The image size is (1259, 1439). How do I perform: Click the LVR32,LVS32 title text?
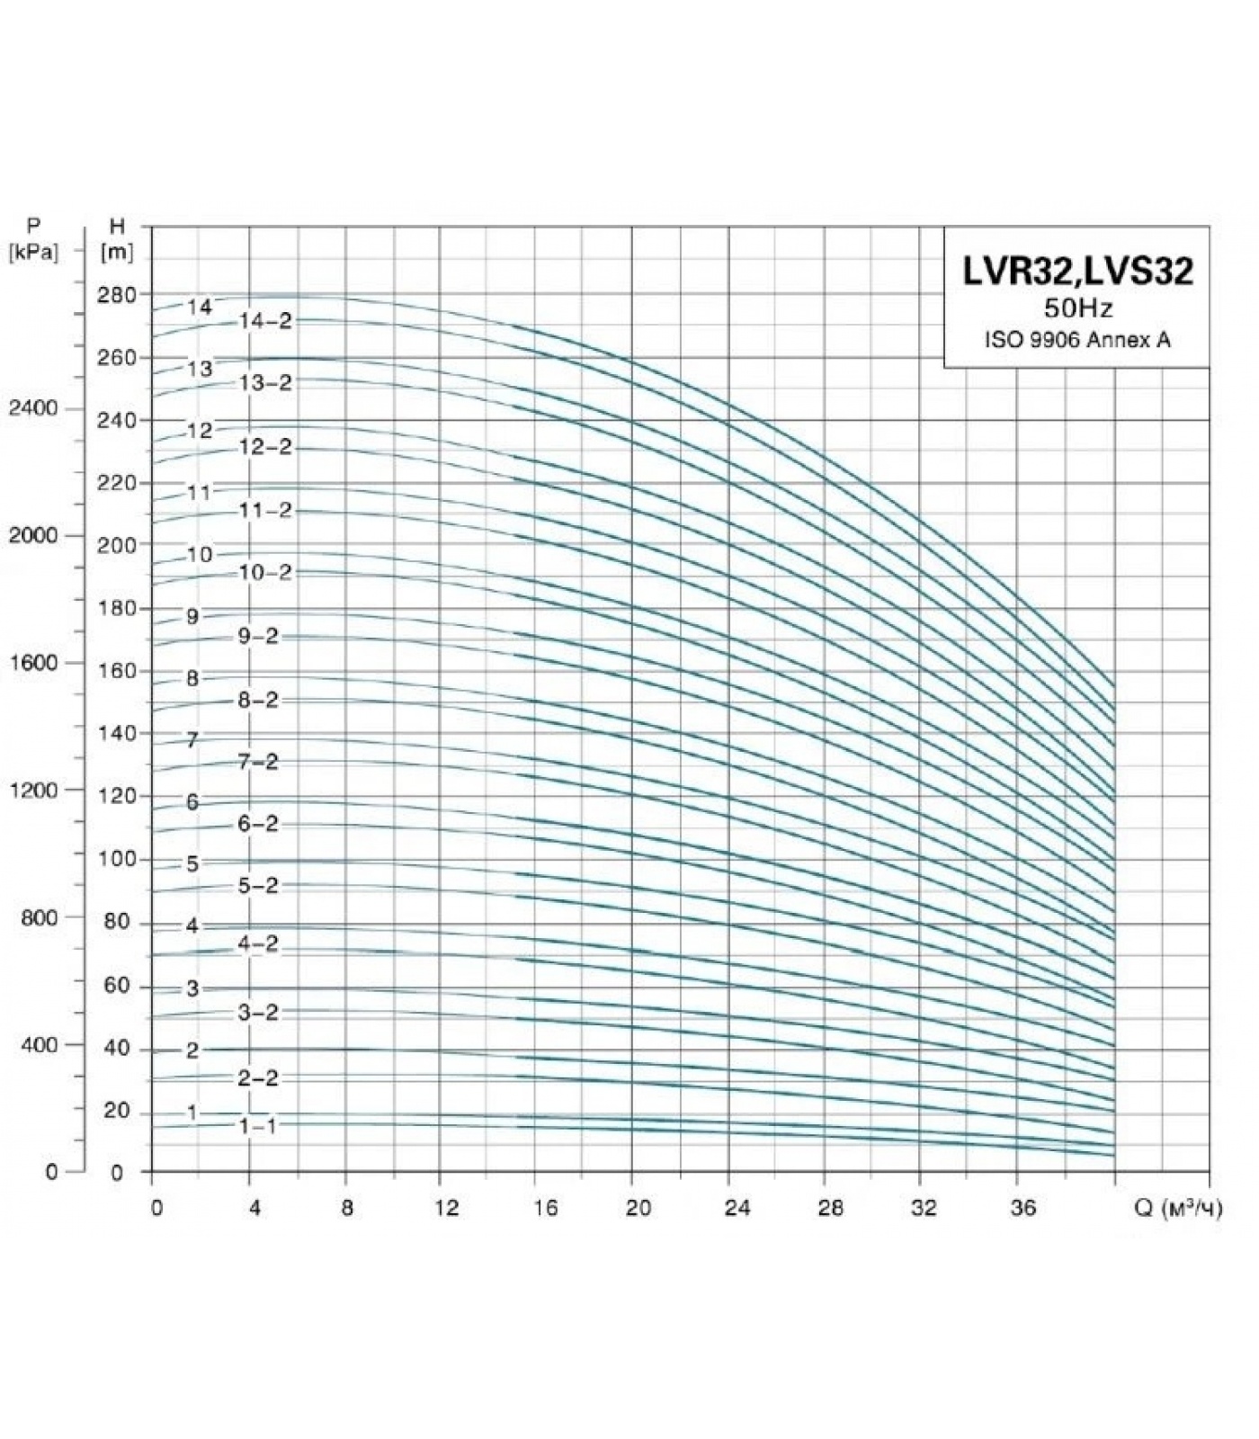[1078, 271]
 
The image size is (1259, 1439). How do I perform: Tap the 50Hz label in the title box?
[1078, 308]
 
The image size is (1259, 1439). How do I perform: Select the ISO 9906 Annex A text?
[1078, 340]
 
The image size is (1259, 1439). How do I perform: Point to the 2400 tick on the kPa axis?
[32, 408]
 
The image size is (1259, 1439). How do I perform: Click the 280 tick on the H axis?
[117, 295]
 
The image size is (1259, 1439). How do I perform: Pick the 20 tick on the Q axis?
[638, 1207]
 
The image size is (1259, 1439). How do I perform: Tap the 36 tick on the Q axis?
[1022, 1207]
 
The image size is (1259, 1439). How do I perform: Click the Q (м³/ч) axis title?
[1178, 1208]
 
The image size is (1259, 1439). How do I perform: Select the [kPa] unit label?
[32, 253]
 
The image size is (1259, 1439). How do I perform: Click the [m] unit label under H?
[117, 253]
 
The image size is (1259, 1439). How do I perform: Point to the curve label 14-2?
[265, 321]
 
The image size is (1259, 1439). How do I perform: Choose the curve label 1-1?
[258, 1126]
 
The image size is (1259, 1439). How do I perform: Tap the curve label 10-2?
[265, 573]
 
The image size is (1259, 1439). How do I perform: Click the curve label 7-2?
[258, 763]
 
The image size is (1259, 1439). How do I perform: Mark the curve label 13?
[200, 369]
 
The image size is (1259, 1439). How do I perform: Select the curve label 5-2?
[258, 886]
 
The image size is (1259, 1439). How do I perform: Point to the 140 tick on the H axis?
[117, 734]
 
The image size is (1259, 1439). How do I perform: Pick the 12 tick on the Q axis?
[446, 1207]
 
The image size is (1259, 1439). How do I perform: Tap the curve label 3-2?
[258, 1013]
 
